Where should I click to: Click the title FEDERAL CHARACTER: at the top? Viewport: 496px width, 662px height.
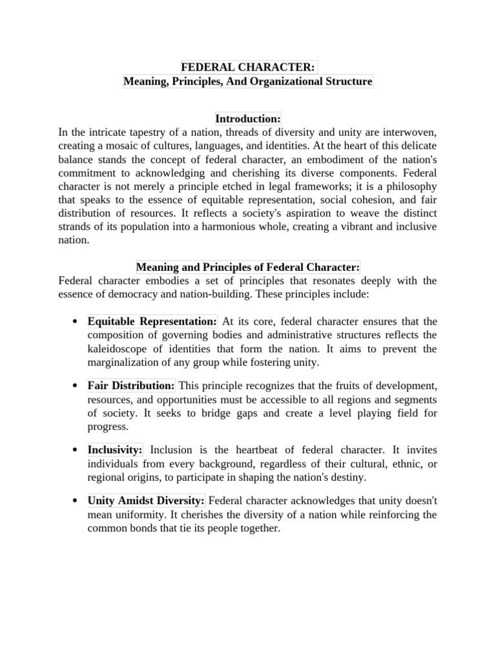247,68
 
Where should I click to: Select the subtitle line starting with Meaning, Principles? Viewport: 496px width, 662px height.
248,82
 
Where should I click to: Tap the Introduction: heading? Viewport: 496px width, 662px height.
248,119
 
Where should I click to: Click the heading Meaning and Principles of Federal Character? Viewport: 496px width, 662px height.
247,267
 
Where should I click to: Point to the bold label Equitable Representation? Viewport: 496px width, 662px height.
152,321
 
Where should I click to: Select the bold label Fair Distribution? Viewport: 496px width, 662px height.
131,386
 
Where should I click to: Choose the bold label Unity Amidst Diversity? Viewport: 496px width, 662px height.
146,500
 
